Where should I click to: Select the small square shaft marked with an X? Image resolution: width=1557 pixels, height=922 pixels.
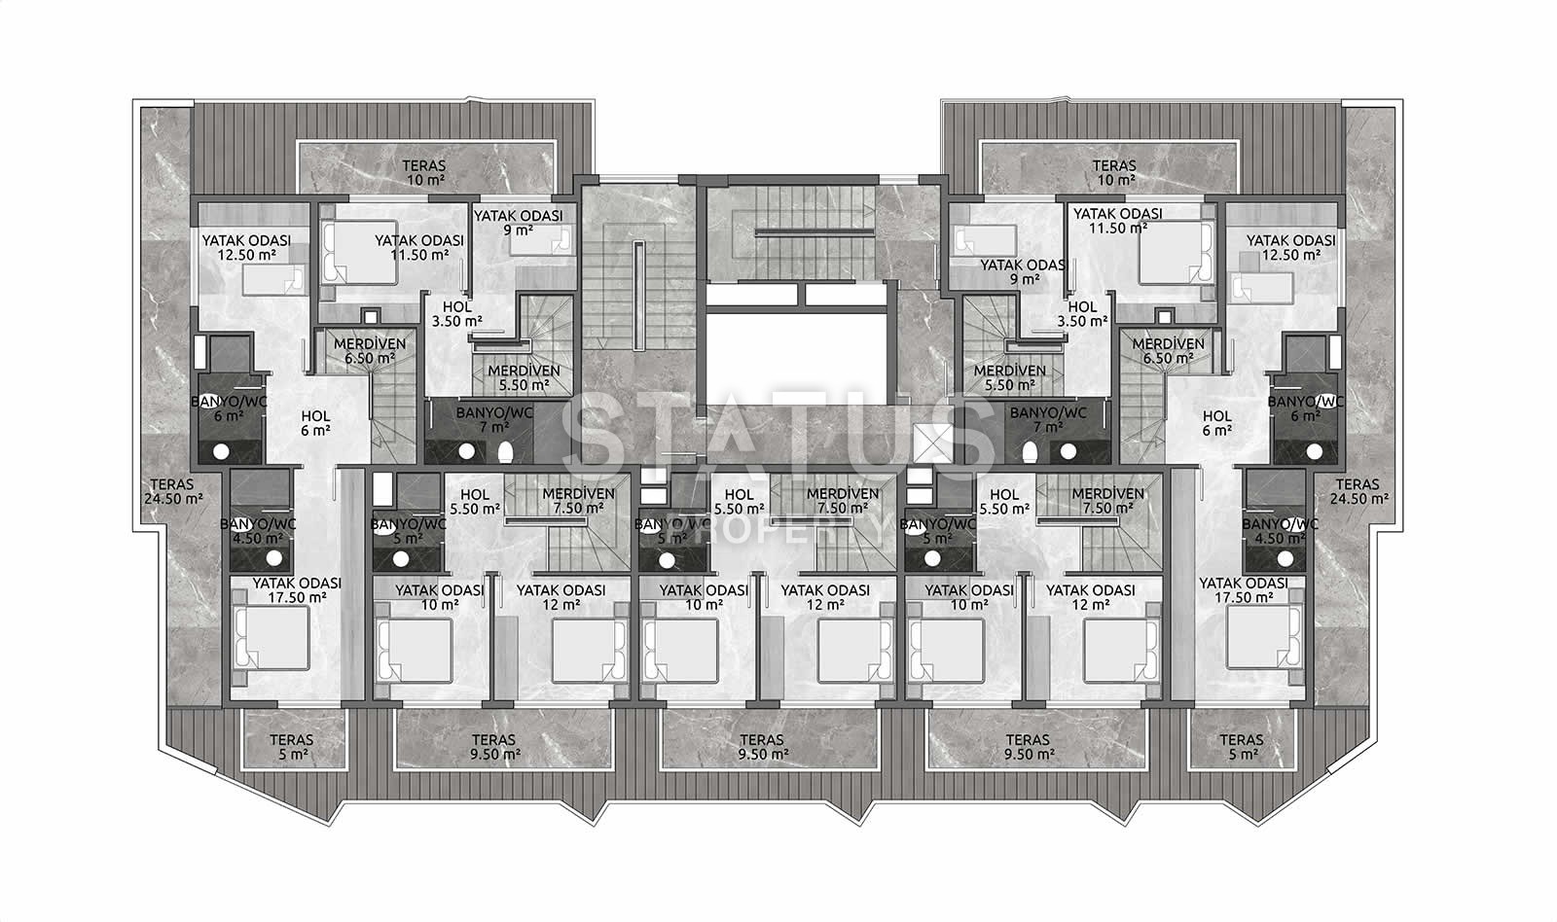[x=932, y=443]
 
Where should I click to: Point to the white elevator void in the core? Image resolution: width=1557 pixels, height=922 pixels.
[x=797, y=355]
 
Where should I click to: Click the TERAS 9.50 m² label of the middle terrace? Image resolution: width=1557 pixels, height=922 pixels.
[x=763, y=747]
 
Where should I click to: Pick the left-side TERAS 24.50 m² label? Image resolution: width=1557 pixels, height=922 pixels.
[x=174, y=491]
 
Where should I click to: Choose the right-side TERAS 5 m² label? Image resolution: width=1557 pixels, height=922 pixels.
[x=1242, y=747]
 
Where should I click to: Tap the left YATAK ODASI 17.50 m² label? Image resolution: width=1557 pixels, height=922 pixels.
[x=298, y=590]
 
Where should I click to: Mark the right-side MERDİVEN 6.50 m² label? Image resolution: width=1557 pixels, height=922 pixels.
[x=1169, y=351]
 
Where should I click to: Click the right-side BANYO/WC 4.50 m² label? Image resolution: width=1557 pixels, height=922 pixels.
[x=1280, y=532]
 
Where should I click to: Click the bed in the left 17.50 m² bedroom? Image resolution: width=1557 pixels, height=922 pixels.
[x=272, y=637]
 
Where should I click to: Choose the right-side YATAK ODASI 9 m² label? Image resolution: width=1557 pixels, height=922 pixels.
[x=1024, y=271]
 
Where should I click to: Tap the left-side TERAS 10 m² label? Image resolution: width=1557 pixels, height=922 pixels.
[x=424, y=173]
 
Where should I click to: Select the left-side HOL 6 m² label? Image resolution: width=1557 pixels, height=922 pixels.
[x=315, y=423]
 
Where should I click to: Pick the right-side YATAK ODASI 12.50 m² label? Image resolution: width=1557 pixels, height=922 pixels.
[x=1290, y=247]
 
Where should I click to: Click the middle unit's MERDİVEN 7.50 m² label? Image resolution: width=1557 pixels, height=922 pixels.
[x=843, y=500]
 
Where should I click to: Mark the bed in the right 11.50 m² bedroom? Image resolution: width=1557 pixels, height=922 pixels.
[x=1177, y=253]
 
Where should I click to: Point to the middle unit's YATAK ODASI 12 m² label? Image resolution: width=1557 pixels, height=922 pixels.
[x=825, y=597]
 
